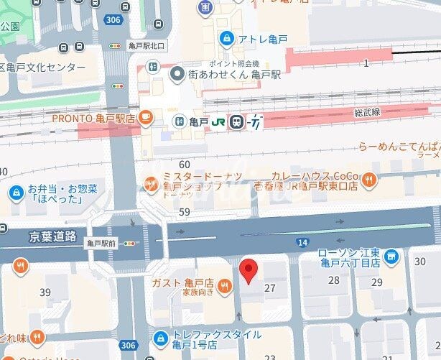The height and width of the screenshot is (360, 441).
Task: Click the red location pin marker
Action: [x=248, y=271]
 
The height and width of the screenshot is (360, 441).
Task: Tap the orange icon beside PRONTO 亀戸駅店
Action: [x=146, y=116]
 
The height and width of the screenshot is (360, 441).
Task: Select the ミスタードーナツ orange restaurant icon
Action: [x=151, y=183]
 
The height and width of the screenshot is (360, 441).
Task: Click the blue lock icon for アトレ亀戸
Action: [x=227, y=37]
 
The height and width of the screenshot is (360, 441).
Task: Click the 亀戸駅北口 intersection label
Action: [x=146, y=45]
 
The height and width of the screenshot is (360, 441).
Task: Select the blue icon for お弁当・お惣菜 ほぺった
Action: [x=15, y=193]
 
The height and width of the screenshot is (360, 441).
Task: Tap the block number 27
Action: [x=270, y=287]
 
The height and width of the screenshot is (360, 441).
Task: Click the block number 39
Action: [x=45, y=292]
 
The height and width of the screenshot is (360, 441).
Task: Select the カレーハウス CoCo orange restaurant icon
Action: [x=370, y=180]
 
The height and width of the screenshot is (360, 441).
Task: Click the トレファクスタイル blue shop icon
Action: [x=161, y=336]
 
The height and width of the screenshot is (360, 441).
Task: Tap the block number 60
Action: [x=185, y=165]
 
